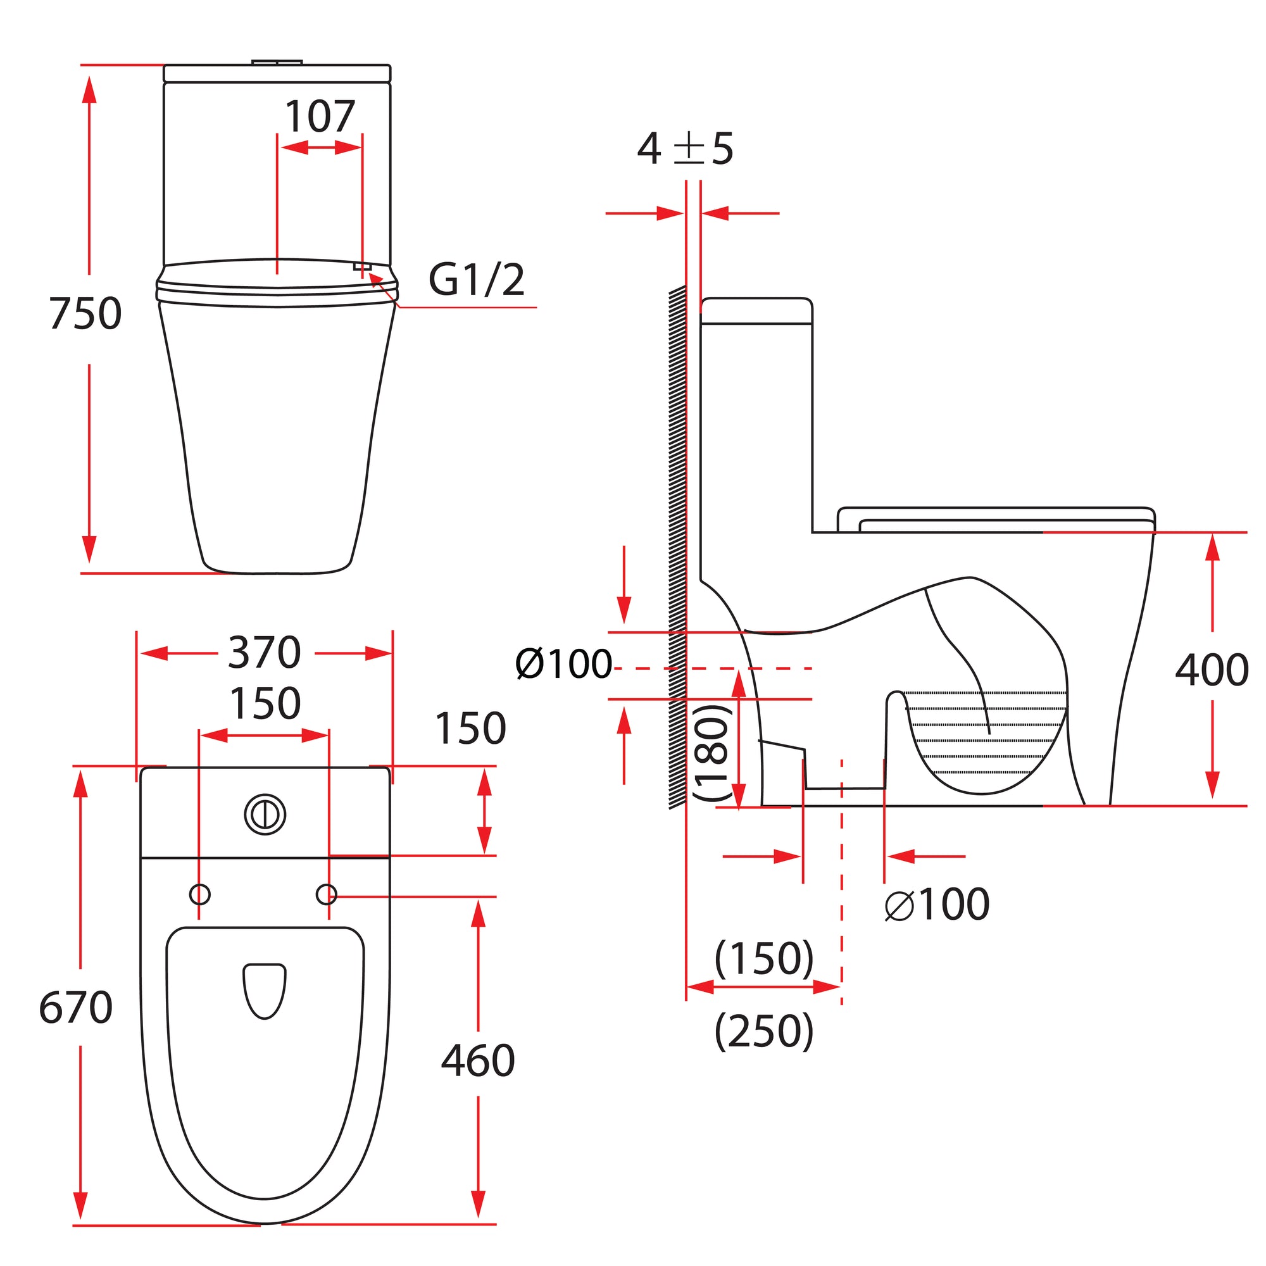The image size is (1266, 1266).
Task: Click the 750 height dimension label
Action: point(85,314)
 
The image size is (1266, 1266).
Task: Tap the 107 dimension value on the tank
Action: point(320,116)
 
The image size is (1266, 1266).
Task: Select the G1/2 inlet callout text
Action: point(477,280)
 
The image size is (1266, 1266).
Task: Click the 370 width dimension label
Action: point(264,653)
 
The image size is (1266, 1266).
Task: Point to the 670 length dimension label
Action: point(75,1008)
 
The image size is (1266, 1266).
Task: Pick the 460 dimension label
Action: point(478,1061)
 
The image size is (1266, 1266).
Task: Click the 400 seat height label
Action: point(1212,670)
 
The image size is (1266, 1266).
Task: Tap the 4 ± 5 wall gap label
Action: point(685,149)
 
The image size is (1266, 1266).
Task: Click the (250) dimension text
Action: point(764,1031)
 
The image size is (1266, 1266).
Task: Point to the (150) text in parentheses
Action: point(764,958)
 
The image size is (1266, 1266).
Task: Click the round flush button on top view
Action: point(265,815)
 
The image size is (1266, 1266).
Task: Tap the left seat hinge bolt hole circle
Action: point(200,894)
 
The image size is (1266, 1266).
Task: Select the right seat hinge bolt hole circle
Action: point(327,894)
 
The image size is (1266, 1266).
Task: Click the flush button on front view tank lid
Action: point(277,62)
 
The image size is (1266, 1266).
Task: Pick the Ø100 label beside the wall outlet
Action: point(563,664)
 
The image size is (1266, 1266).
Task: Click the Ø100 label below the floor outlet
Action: point(937,905)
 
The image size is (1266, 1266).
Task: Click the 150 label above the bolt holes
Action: point(265,704)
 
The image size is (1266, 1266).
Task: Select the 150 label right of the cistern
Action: point(470,728)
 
